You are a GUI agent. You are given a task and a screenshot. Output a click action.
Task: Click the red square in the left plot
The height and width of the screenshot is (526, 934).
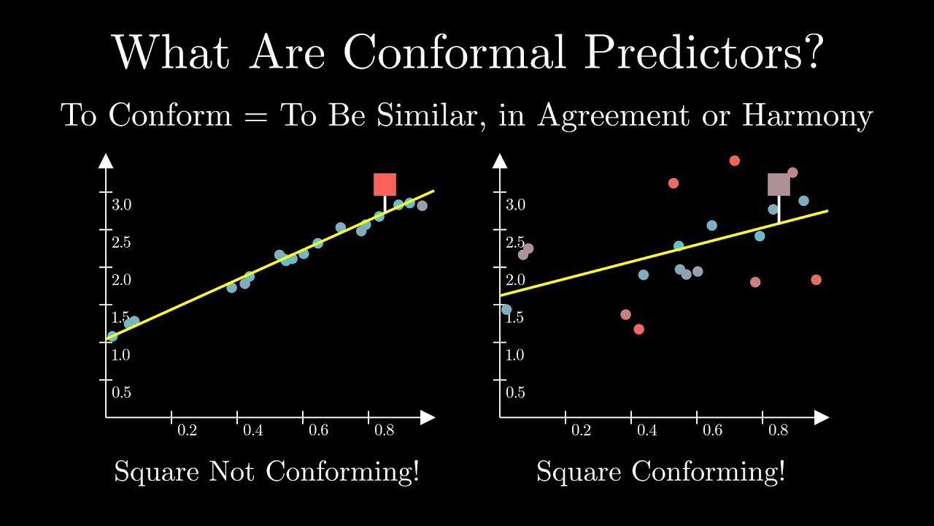click(385, 184)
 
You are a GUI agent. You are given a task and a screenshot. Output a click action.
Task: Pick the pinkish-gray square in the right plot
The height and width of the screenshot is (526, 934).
click(779, 185)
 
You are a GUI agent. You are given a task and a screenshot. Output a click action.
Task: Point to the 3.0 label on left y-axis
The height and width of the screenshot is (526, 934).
click(121, 205)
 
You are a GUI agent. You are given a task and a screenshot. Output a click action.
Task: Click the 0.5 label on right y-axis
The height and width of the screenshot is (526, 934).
click(515, 392)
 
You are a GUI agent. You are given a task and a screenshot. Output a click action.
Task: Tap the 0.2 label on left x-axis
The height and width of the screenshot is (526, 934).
click(187, 430)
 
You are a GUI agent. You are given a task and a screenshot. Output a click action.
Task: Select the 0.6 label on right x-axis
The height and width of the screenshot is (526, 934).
click(712, 430)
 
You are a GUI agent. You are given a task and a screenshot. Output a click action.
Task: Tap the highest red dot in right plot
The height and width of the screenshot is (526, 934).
click(735, 161)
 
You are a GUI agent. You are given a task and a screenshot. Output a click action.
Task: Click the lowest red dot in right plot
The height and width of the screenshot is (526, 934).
click(638, 329)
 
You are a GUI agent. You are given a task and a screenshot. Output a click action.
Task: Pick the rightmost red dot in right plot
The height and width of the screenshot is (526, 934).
click(816, 280)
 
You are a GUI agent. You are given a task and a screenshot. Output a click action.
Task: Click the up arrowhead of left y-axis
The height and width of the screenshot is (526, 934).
click(106, 161)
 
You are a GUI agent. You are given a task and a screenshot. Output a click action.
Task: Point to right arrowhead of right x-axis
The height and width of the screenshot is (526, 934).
click(822, 417)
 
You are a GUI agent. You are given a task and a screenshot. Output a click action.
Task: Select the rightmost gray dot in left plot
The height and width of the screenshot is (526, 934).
click(422, 205)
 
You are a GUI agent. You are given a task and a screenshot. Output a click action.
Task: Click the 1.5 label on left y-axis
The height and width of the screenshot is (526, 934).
click(121, 317)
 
